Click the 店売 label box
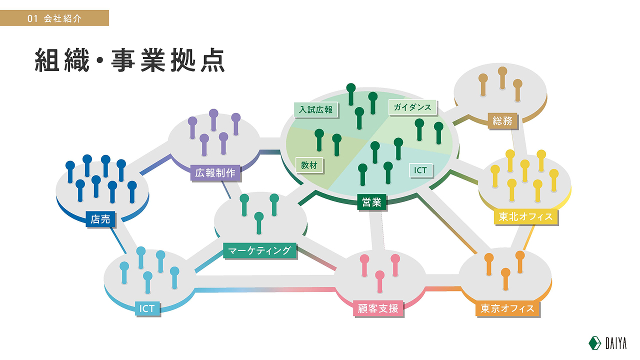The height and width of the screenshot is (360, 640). coord(100,219)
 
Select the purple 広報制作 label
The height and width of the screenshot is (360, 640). coord(215,173)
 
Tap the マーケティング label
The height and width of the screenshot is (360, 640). coord(259,250)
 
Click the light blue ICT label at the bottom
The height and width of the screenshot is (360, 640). coord(147,308)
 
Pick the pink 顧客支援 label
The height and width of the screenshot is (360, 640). coord(378,308)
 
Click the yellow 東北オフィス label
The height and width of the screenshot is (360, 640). coord(525,216)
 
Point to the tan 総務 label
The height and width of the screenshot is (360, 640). coord(502,121)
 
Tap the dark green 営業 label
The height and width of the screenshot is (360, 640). coord(371,202)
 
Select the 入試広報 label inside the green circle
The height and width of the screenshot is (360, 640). coord(315,109)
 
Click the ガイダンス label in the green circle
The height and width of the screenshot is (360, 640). coord(412,107)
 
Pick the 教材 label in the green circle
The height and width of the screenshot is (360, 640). coord(309,165)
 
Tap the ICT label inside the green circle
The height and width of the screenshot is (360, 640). coord(420,170)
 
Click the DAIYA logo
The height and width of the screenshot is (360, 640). coord(607,343)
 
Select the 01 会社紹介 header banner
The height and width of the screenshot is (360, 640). coord(54,18)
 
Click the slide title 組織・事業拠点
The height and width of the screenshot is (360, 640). coord(130,60)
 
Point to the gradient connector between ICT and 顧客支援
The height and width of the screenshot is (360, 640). coord(265,290)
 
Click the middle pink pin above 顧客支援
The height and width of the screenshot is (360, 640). coord(379,281)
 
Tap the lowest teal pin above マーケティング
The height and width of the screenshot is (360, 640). coord(259,223)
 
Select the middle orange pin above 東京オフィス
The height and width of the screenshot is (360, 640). coord(505,279)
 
